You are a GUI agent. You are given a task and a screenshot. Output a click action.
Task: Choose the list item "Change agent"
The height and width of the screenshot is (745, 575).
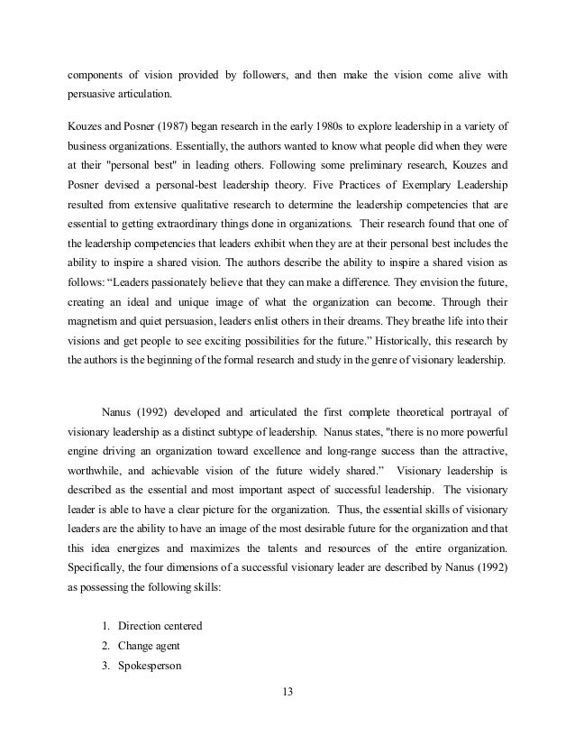142,647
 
